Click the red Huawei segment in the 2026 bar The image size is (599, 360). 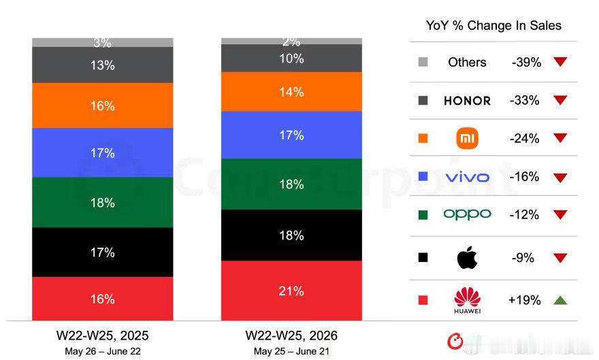[x=291, y=291]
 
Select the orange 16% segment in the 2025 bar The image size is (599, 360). [x=102, y=105]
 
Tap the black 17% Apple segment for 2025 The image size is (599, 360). [x=102, y=252]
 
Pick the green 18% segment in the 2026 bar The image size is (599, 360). [x=291, y=184]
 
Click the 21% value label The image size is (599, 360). [x=291, y=291]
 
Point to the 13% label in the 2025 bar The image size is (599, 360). [x=102, y=65]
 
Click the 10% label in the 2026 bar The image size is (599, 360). [x=291, y=59]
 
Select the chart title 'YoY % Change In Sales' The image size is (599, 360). [x=493, y=26]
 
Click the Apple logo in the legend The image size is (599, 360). [x=467, y=258]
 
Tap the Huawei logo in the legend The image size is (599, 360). [x=467, y=300]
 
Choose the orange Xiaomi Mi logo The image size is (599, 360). [x=467, y=138]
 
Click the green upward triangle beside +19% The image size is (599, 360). [x=560, y=300]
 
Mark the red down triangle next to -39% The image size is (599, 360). [x=560, y=61]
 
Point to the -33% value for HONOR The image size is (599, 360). [x=525, y=101]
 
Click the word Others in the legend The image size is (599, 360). [x=467, y=62]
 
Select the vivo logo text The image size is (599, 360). [x=467, y=177]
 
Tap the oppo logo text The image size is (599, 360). [x=467, y=214]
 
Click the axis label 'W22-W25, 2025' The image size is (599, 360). [x=102, y=336]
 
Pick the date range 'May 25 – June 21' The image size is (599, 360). [x=291, y=351]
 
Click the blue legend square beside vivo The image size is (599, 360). [x=423, y=176]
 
